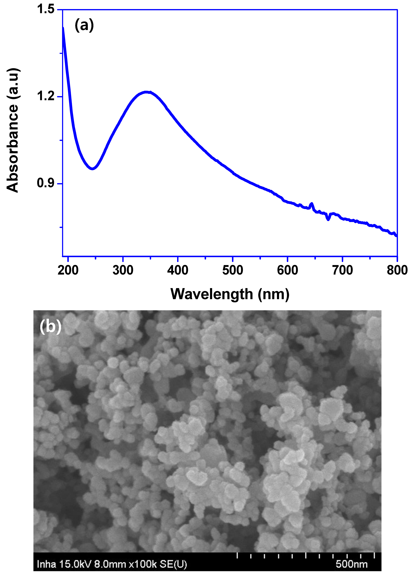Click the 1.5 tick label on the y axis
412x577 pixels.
pos(46,9)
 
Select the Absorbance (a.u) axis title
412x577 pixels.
pos(13,130)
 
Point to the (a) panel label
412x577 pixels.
pos(84,25)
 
